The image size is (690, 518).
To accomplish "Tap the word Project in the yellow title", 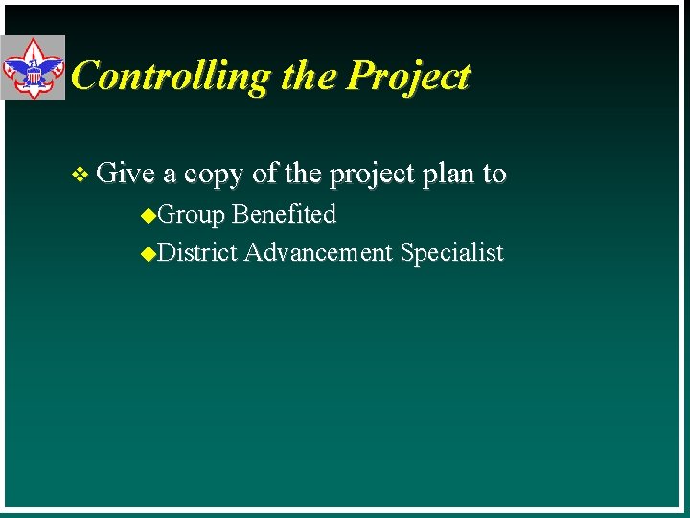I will pyautogui.click(x=409, y=76).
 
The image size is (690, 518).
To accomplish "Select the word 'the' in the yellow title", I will pyautogui.click(x=310, y=76).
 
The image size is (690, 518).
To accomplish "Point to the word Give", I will pyautogui.click(x=126, y=174).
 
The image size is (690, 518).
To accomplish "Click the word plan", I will pyautogui.click(x=448, y=175).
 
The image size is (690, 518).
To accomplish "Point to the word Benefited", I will pyautogui.click(x=285, y=214).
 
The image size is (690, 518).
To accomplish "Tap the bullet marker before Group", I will pyautogui.click(x=147, y=215).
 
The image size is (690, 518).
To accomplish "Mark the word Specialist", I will pyautogui.click(x=451, y=253).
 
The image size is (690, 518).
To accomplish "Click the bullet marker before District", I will pyautogui.click(x=147, y=254).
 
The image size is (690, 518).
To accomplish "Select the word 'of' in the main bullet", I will pyautogui.click(x=264, y=174).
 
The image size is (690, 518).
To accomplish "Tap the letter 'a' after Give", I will pyautogui.click(x=169, y=176).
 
